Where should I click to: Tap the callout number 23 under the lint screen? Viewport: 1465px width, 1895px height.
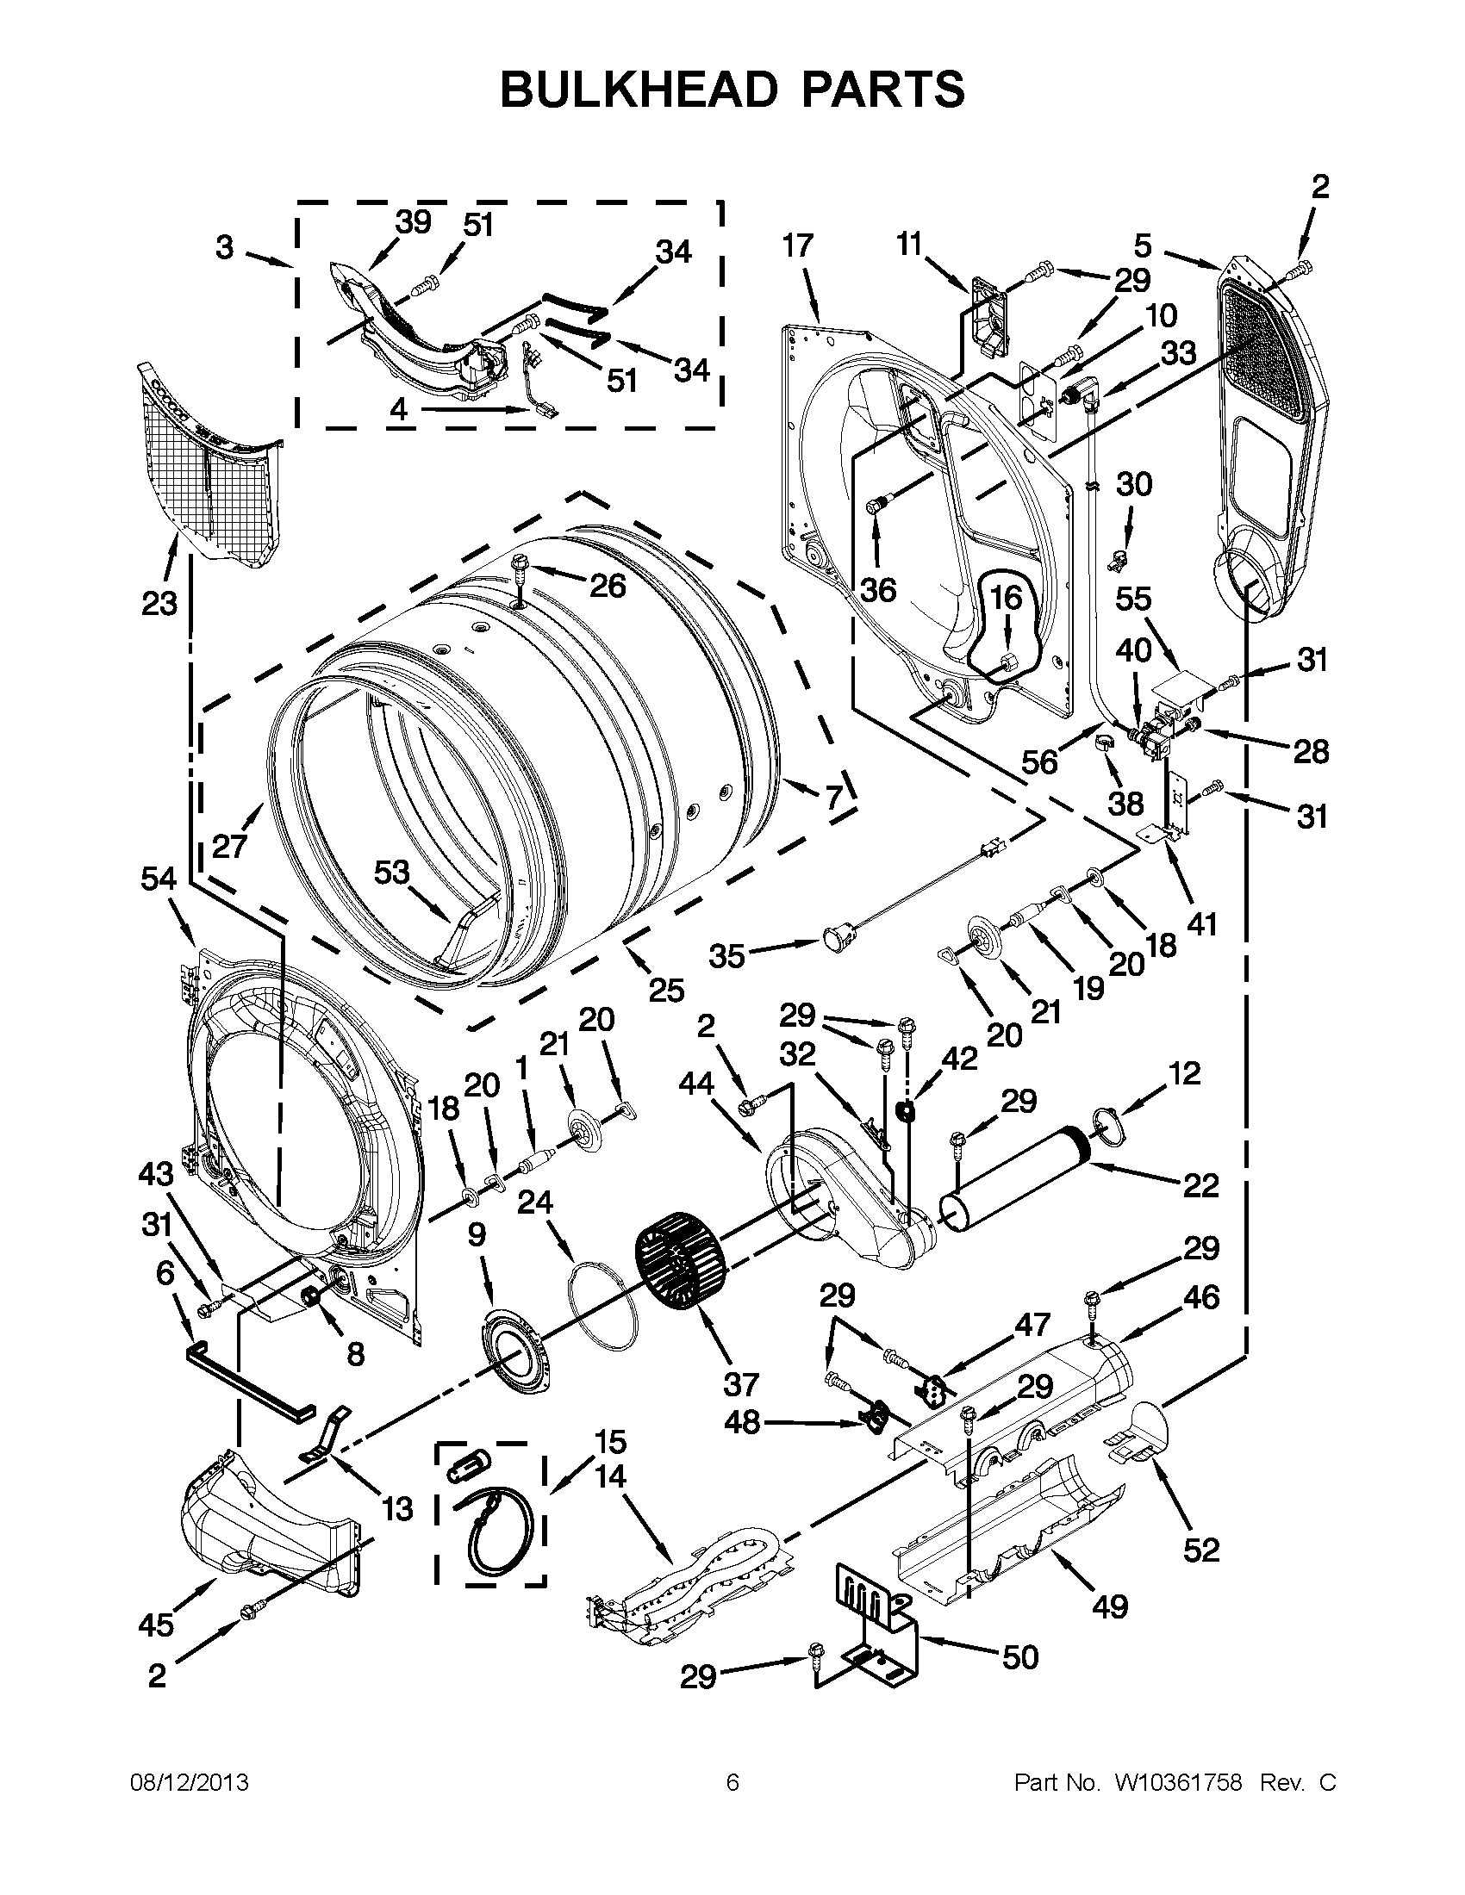[159, 603]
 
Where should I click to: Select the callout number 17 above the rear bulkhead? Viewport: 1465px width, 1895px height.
[797, 245]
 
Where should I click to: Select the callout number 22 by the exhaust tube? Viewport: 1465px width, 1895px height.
[1200, 1185]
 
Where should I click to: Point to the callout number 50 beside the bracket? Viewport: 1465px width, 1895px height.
[1019, 1657]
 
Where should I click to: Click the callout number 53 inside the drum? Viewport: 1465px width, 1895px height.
[391, 872]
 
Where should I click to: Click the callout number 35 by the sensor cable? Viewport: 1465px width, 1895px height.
[726, 956]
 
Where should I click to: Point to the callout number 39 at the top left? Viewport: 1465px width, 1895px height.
[413, 222]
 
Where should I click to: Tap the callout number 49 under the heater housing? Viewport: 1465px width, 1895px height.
[1109, 1606]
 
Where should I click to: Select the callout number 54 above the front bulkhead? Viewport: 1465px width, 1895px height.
[159, 879]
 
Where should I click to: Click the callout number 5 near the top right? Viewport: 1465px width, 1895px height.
[1142, 245]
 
